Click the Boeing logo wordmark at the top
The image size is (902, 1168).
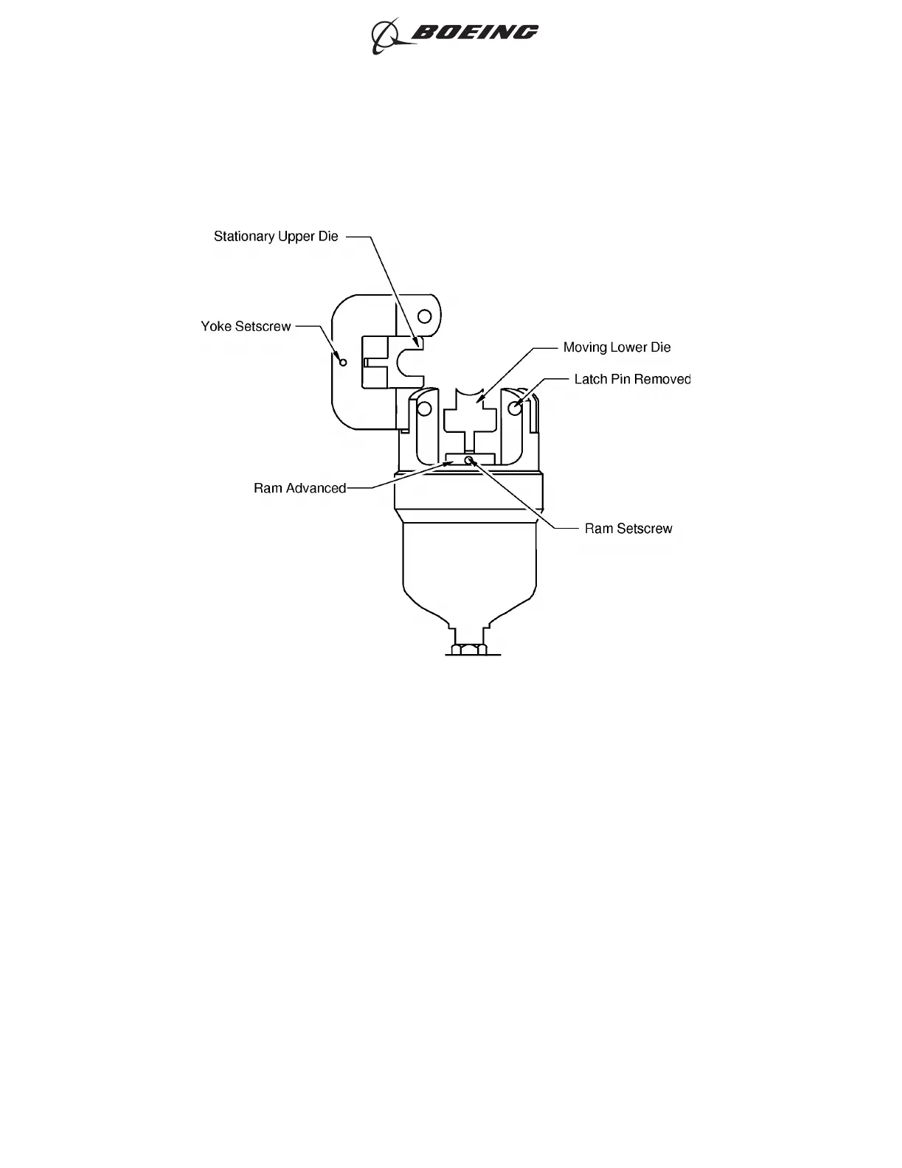point(475,32)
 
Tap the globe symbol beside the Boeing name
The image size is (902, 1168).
point(386,35)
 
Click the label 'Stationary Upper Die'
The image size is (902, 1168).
point(276,237)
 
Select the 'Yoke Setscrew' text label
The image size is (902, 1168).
point(246,326)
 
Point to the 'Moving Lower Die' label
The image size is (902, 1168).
point(617,347)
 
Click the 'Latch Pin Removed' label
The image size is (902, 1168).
point(632,379)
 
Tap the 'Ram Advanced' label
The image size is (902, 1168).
point(299,488)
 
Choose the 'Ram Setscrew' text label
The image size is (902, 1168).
point(628,529)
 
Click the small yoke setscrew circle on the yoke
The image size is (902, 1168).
point(342,362)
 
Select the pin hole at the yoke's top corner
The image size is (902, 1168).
point(424,316)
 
